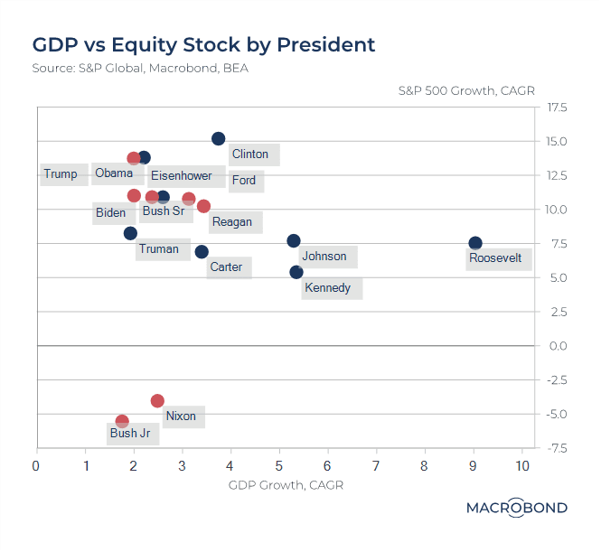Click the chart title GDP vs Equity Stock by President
click(203, 44)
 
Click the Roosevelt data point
click(475, 243)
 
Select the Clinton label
click(250, 154)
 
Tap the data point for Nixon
click(157, 400)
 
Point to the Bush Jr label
click(129, 434)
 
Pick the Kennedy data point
click(296, 272)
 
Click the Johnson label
click(324, 257)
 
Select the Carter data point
click(202, 251)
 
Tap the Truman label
click(158, 249)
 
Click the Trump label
click(61, 174)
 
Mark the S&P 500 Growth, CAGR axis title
click(467, 90)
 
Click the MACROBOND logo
click(516, 508)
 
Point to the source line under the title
click(139, 68)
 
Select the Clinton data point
click(218, 138)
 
